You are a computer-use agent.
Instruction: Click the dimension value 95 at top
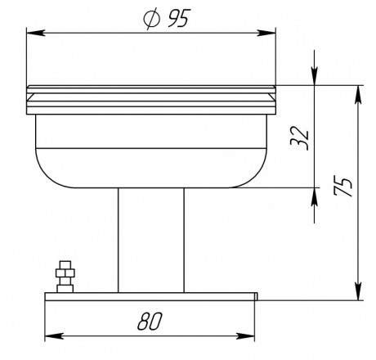(x=178, y=18)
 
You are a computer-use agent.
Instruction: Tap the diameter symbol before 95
(x=151, y=19)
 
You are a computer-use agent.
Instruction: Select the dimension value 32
(x=300, y=138)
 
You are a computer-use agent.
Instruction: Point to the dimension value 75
(x=342, y=187)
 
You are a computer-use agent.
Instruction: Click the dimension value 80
(x=150, y=321)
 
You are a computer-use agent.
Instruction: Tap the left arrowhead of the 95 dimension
(x=36, y=33)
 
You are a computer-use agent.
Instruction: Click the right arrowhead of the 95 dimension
(x=266, y=33)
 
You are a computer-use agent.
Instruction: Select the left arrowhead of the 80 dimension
(x=54, y=336)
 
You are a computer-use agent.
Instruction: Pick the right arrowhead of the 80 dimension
(x=245, y=336)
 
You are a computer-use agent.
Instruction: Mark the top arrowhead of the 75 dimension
(x=359, y=95)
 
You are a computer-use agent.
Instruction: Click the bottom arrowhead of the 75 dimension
(x=359, y=291)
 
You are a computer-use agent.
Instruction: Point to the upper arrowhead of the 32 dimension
(x=315, y=76)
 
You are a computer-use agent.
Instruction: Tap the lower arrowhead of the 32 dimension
(x=315, y=197)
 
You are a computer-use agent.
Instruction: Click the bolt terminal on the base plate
(x=65, y=277)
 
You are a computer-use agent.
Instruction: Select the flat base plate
(x=151, y=296)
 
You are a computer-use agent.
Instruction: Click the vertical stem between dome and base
(x=151, y=240)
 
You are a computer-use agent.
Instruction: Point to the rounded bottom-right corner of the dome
(x=252, y=173)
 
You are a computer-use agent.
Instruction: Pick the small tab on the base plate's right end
(x=256, y=296)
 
